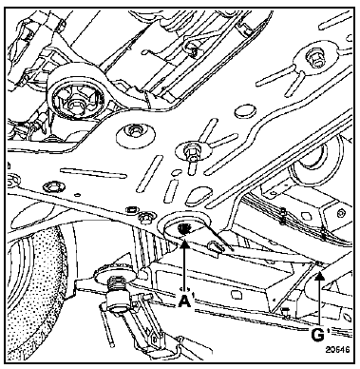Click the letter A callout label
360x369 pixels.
(x=185, y=301)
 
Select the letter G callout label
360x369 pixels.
(x=317, y=335)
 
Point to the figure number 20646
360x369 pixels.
(x=338, y=349)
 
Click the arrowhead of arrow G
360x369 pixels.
(x=320, y=277)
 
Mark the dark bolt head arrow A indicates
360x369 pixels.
(x=183, y=228)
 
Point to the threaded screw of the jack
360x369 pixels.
(x=117, y=283)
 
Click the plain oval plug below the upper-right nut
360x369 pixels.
(x=246, y=110)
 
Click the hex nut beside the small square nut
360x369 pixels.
(x=145, y=217)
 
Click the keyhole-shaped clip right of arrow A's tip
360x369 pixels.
(x=215, y=246)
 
